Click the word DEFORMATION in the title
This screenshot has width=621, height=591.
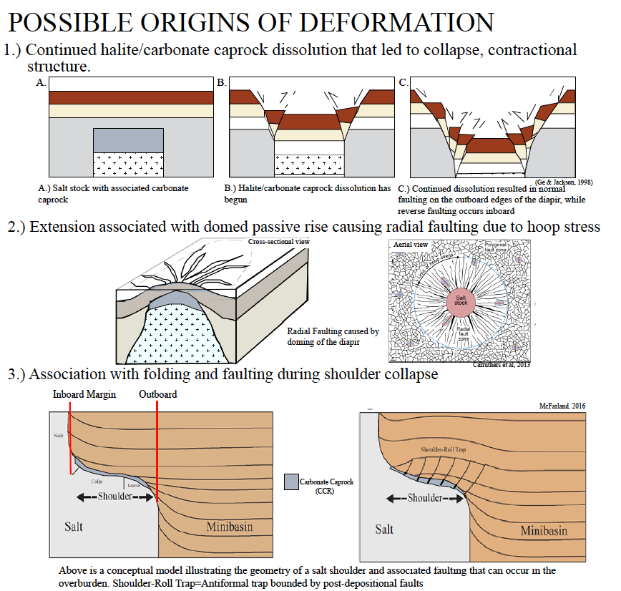coord(397,23)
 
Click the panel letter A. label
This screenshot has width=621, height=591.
coord(41,83)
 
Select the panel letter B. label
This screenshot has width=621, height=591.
coord(222,83)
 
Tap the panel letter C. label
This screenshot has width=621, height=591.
coord(404,83)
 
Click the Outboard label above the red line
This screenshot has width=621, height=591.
coord(158,394)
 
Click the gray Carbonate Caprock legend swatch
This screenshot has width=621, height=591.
coord(291,481)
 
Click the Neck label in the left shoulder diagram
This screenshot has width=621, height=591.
coord(59,435)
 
